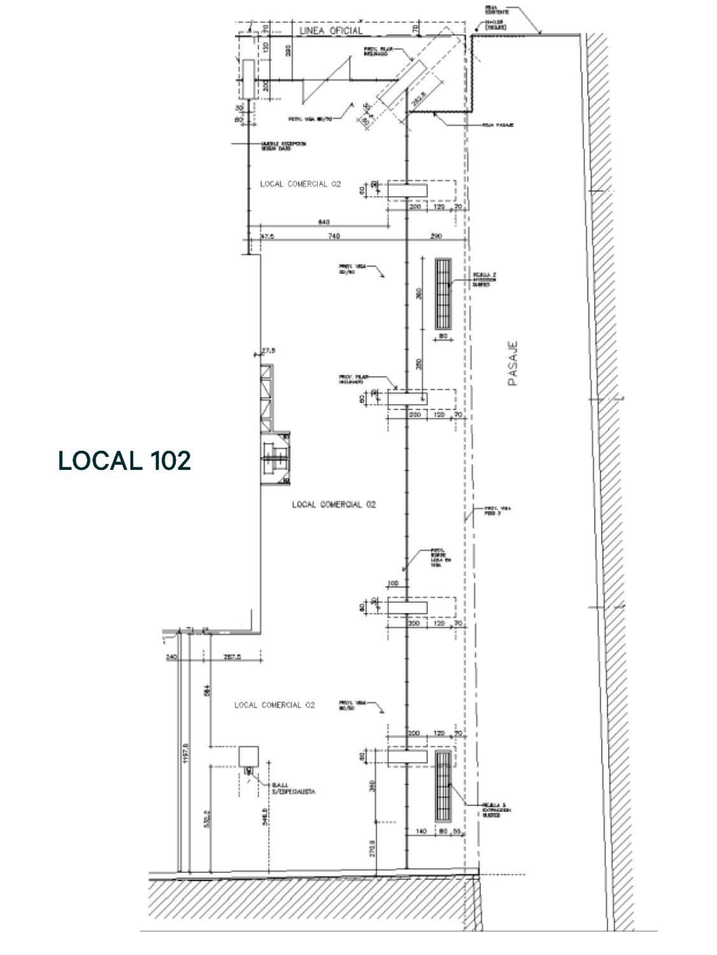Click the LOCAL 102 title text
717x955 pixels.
[x=124, y=460]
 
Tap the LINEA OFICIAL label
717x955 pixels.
[x=330, y=30]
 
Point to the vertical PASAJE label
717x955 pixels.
[x=513, y=364]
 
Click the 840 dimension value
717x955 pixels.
[x=324, y=222]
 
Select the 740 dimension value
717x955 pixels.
[x=334, y=236]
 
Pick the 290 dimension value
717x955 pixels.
[x=436, y=236]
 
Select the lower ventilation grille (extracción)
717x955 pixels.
[x=443, y=786]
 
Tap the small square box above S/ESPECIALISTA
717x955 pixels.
[x=246, y=756]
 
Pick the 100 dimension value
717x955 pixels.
[x=392, y=584]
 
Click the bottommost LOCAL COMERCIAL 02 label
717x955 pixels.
[x=274, y=705]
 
